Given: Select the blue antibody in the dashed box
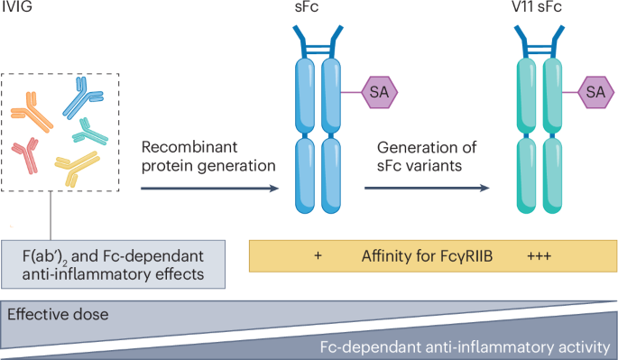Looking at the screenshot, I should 84,93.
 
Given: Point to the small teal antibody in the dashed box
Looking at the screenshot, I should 90,133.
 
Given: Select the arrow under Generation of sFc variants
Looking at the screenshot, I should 429,188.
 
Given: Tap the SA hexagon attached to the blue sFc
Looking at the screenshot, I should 380,92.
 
